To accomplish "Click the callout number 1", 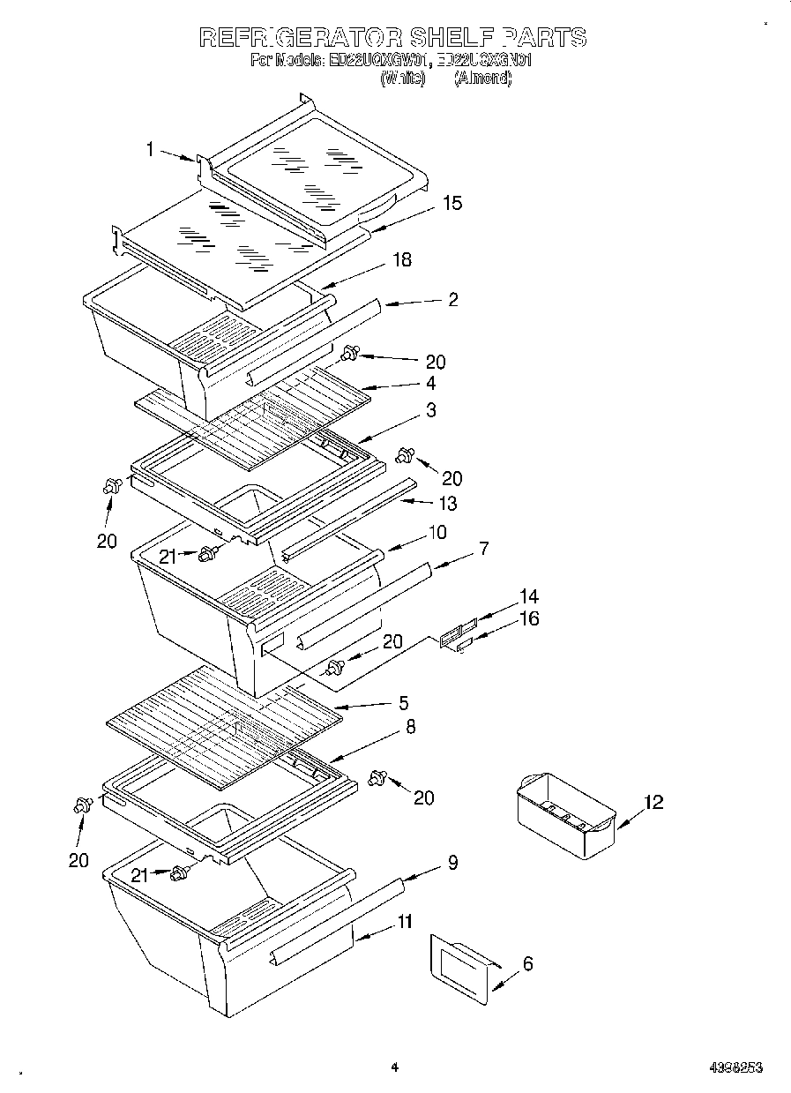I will (x=150, y=150).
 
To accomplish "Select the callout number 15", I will (x=451, y=203).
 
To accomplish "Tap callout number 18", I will (x=401, y=260).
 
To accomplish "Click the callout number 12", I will (x=653, y=802).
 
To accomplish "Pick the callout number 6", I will (x=527, y=964).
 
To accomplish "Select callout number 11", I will (x=404, y=922).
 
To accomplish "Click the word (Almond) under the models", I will (x=482, y=78).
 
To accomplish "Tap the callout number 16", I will (x=528, y=618).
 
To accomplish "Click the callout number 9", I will (x=452, y=863).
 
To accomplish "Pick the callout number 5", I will (x=403, y=703).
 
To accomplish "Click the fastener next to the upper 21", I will (x=209, y=554).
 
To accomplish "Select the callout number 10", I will (x=437, y=532).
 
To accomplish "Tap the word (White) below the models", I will (x=402, y=78).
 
